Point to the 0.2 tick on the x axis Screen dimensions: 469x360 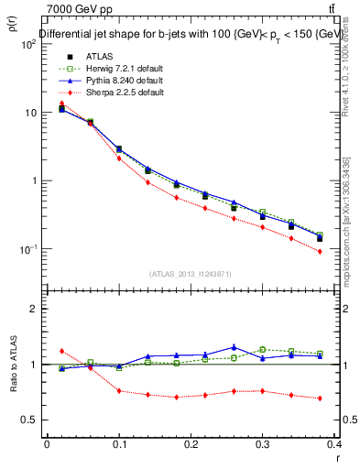tap(191, 445)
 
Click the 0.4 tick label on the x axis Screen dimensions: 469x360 tap(335, 445)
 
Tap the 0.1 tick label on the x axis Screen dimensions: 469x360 tap(118, 445)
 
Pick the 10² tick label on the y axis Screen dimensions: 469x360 tap(27, 44)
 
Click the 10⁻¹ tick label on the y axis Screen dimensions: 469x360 tap(27, 249)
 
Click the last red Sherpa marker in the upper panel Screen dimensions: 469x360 tap(320, 251)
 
